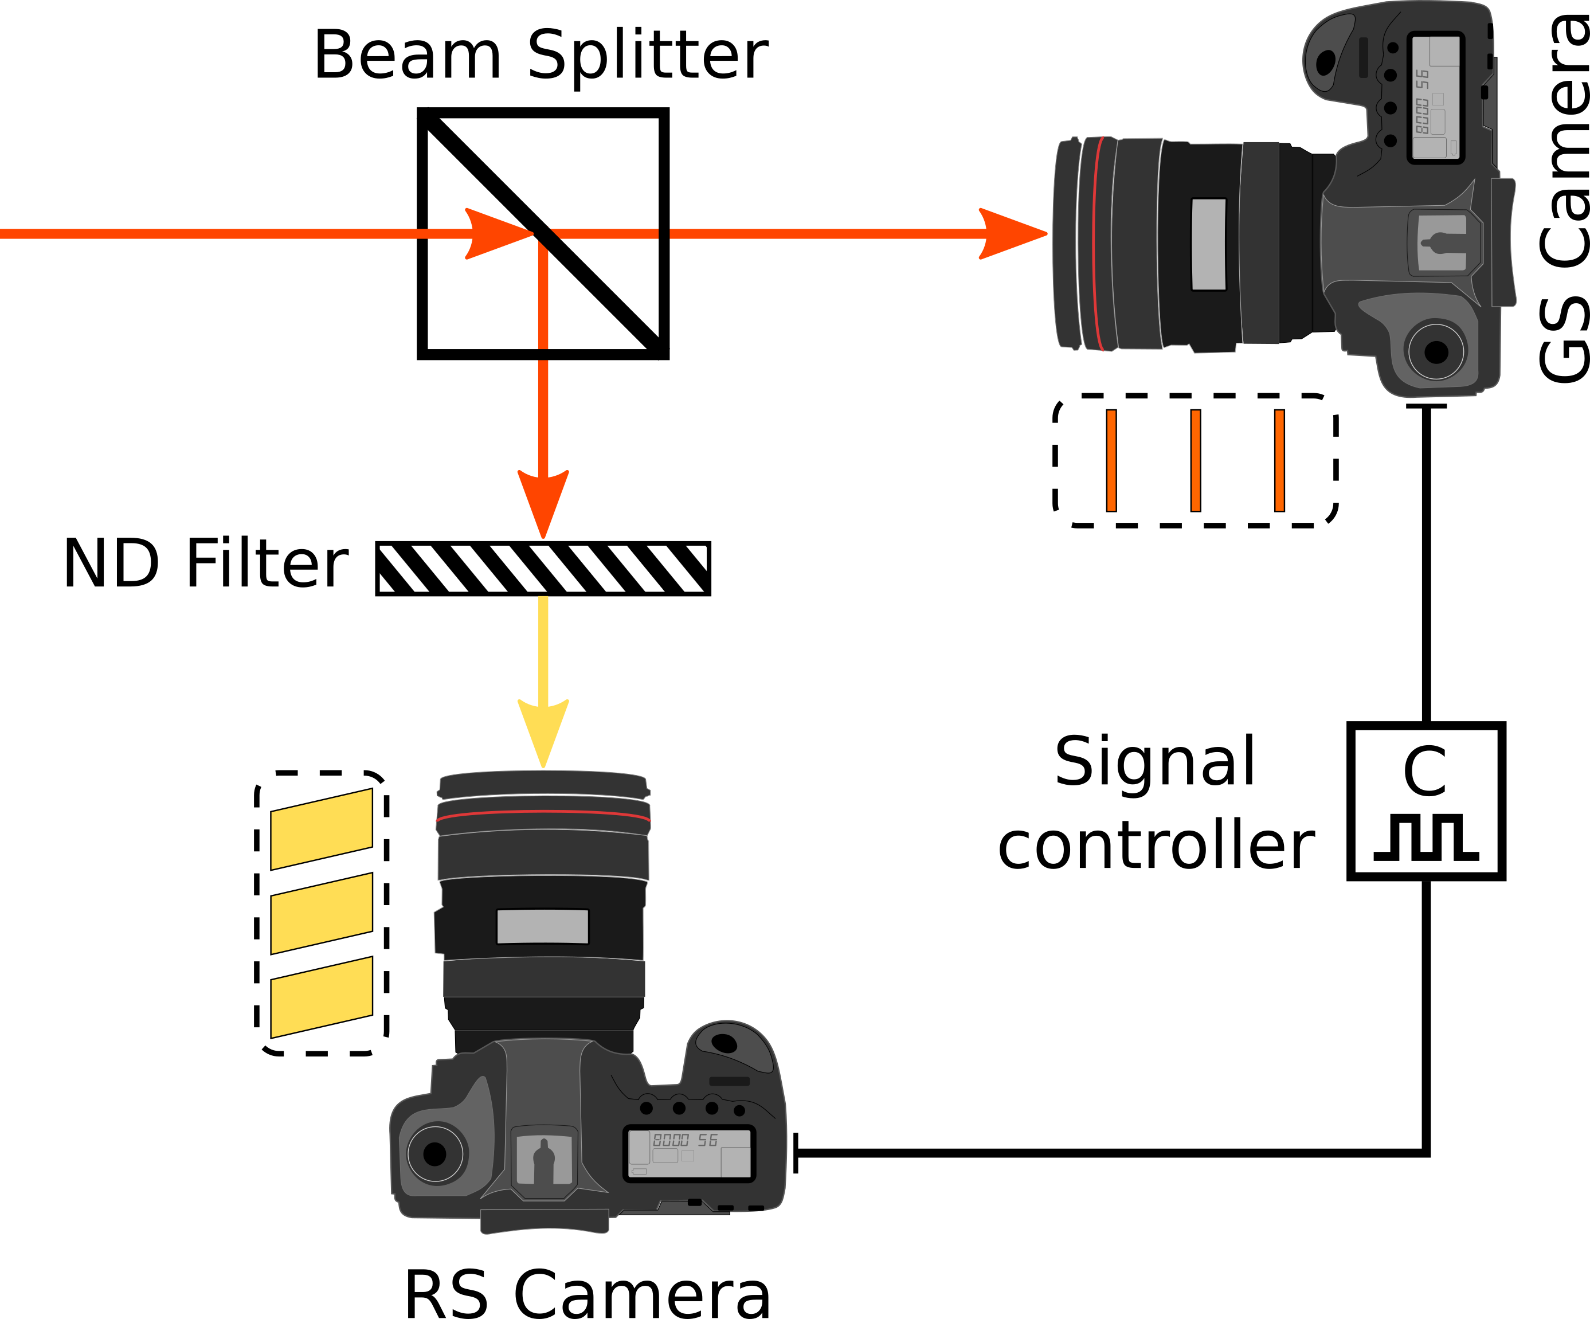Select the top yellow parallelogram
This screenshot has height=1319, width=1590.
click(321, 829)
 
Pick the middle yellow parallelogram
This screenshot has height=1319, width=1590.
click(321, 913)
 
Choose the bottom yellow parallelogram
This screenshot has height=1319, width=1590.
click(321, 997)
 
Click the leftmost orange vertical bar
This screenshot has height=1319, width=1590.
click(1111, 460)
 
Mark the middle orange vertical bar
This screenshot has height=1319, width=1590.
click(1196, 460)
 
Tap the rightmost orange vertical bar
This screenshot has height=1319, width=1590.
click(1279, 460)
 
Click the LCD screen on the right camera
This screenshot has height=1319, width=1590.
click(1436, 97)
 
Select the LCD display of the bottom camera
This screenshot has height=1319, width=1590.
click(689, 1154)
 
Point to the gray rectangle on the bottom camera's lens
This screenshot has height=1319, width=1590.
click(542, 926)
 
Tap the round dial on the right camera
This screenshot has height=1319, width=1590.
click(1436, 351)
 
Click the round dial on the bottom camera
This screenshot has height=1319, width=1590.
click(436, 1154)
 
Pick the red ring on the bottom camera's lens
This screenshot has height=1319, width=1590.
click(543, 812)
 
